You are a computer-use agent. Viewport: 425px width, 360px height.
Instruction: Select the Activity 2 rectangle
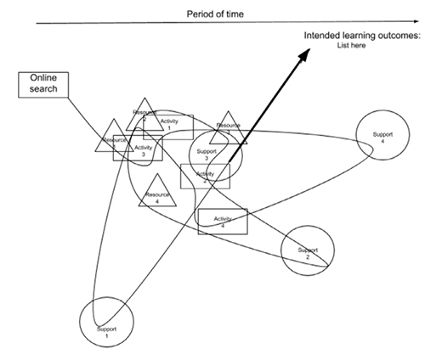205,176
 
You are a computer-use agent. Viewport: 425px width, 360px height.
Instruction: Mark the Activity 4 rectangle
222,221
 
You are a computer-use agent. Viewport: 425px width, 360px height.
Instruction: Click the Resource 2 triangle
145,115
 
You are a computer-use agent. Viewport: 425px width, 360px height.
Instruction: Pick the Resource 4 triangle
156,193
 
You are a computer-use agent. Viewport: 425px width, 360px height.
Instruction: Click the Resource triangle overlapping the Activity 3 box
115,141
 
